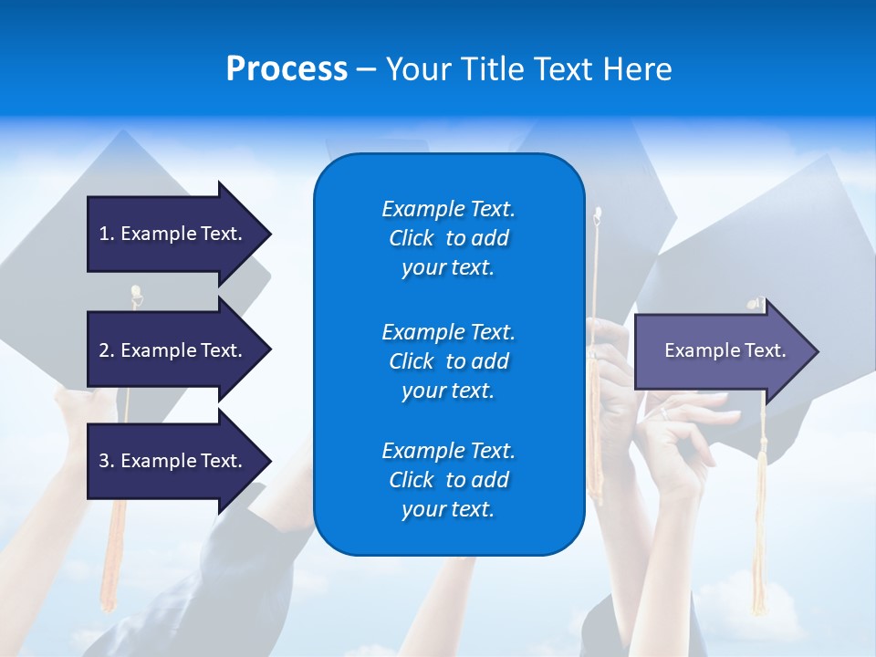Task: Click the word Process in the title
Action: (x=287, y=69)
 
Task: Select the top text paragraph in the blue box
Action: (x=448, y=238)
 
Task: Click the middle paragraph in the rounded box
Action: (x=448, y=360)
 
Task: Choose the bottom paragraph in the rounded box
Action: (x=448, y=480)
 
